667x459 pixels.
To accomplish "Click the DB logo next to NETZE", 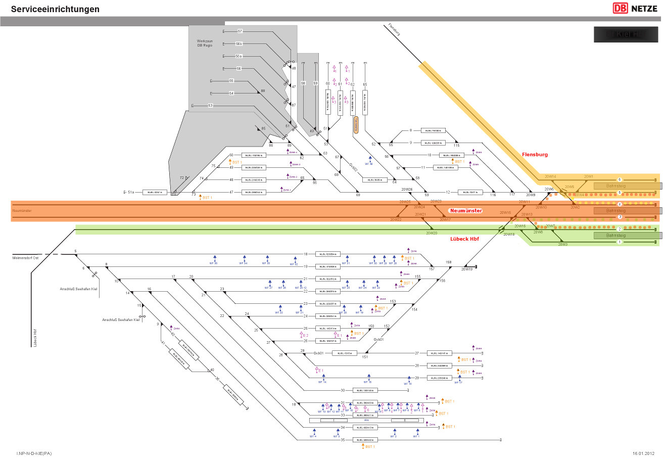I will [x=620, y=8].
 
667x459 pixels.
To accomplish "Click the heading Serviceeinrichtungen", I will [x=55, y=9].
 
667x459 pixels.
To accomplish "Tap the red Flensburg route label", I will [x=535, y=155].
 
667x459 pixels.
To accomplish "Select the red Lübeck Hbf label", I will [x=464, y=239].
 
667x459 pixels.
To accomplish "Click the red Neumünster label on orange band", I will [x=466, y=210].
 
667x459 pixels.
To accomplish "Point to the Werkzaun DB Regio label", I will [x=205, y=43].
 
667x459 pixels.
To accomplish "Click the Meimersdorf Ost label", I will [x=25, y=258].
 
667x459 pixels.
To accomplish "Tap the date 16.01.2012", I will [x=643, y=453].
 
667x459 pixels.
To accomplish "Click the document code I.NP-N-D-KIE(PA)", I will [x=34, y=453].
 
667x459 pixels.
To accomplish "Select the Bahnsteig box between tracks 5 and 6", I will [x=616, y=186].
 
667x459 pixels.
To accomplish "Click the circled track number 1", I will [x=620, y=243].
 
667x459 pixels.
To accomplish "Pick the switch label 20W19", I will [x=467, y=269].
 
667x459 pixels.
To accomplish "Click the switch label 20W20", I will [x=431, y=233].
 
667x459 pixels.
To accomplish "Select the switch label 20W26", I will [x=407, y=189].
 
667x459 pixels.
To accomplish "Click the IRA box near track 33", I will [x=367, y=420].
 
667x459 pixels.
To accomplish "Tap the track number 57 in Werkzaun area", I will [x=240, y=31].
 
